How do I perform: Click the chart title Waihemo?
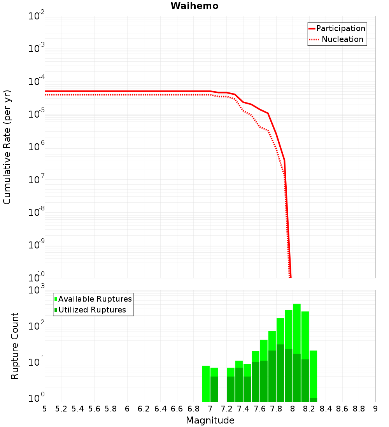pyautogui.click(x=194, y=6)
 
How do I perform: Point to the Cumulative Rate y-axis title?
pyautogui.click(x=7, y=147)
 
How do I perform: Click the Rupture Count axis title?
pyautogui.click(x=15, y=345)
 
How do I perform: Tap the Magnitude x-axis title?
pyautogui.click(x=210, y=420)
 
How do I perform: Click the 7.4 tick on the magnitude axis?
pyautogui.click(x=243, y=409)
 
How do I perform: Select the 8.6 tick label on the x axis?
pyautogui.click(x=342, y=409)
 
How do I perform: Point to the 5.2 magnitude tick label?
pyautogui.click(x=61, y=409)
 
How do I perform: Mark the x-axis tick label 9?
pyautogui.click(x=375, y=409)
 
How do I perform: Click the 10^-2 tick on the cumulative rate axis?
pyautogui.click(x=37, y=16)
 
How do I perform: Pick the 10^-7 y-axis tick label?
pyautogui.click(x=37, y=180)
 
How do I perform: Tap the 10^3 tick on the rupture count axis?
pyautogui.click(x=37, y=290)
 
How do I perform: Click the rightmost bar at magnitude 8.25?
pyautogui.click(x=314, y=373)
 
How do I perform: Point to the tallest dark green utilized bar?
pyautogui.click(x=280, y=373)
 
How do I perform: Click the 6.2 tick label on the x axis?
pyautogui.click(x=144, y=409)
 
